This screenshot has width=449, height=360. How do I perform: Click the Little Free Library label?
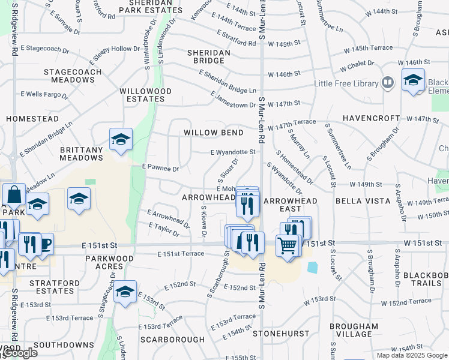pos(346,83)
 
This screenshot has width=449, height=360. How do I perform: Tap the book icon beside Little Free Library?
pos(387,82)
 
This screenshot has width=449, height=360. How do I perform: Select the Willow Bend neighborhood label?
pos(214,133)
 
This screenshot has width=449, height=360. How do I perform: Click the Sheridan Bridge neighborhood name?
pos(209,57)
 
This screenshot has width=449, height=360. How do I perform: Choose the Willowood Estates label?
pos(146,95)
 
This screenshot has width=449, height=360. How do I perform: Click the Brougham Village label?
pos(354,330)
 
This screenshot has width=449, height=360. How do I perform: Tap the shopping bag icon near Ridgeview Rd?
pos(14,194)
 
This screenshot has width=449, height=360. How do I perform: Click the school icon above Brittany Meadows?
pos(121,140)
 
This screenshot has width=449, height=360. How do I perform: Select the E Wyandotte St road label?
pos(234,153)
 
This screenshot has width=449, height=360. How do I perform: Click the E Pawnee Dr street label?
pos(160,169)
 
